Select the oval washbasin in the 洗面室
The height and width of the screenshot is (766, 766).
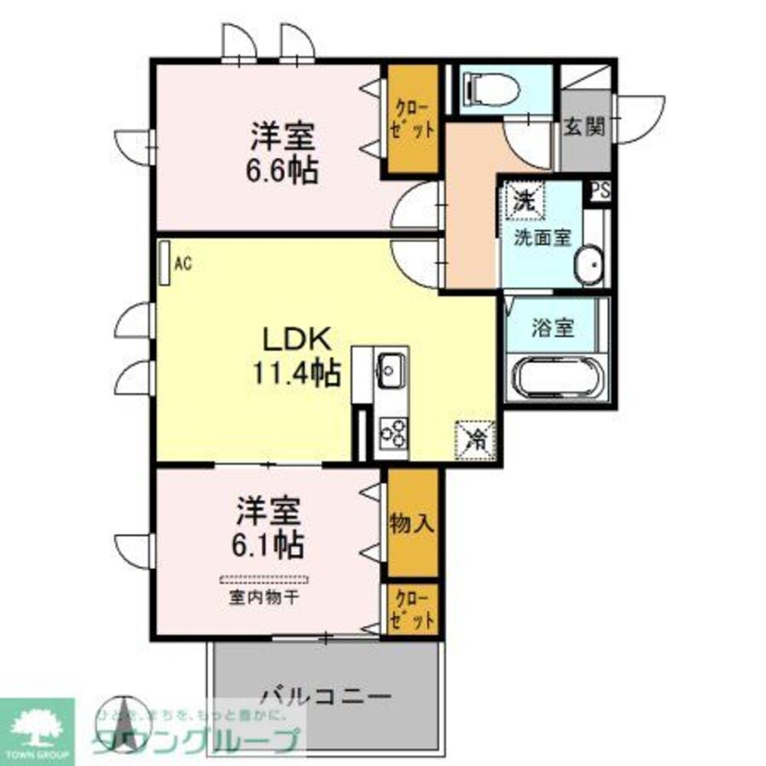(x=591, y=265)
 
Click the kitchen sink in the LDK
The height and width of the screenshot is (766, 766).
(x=391, y=369)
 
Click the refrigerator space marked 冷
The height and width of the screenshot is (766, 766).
(x=476, y=440)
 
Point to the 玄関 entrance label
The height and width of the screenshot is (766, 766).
(x=585, y=126)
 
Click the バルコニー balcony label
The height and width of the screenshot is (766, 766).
(x=326, y=696)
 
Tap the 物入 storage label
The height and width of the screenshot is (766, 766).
(x=412, y=524)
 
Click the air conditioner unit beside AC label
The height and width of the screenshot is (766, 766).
(x=164, y=264)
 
